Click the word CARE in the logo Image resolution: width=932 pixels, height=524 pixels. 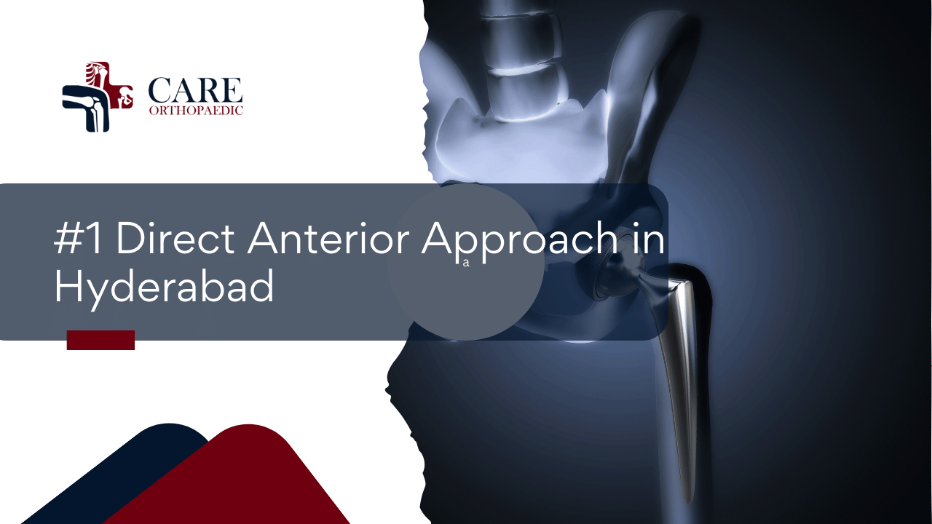[x=195, y=90]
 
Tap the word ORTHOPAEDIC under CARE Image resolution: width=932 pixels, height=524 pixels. [x=195, y=111]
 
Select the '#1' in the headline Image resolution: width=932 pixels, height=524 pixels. [x=80, y=239]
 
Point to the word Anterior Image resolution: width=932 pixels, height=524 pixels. [x=331, y=239]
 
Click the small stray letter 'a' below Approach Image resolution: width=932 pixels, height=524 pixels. [x=466, y=263]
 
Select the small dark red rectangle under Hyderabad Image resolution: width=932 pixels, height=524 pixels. [x=100, y=340]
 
